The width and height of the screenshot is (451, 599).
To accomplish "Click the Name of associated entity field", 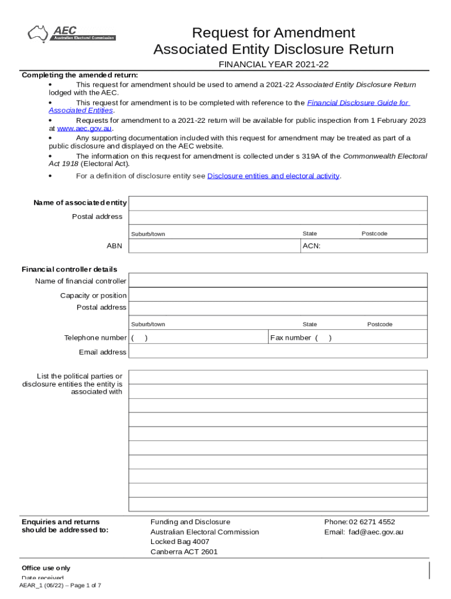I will [x=278, y=203].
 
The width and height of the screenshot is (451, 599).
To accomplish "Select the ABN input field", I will [x=214, y=246].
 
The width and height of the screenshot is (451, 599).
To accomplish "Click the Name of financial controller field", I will [x=278, y=281].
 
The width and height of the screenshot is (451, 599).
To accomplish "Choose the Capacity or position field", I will [x=278, y=295].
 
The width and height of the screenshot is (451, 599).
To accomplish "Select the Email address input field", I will [x=278, y=352].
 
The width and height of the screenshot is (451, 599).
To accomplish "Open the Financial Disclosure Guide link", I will [x=357, y=102].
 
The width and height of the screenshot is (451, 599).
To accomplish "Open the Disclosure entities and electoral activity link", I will [x=273, y=176].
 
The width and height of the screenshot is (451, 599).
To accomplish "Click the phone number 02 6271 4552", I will [x=372, y=522].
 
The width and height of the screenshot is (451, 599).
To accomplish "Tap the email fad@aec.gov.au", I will [x=375, y=532].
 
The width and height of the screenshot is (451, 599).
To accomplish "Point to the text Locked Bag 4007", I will [x=180, y=542].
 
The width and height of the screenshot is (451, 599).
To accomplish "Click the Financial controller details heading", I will [x=69, y=269].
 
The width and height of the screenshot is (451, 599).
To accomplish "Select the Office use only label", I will [x=46, y=568].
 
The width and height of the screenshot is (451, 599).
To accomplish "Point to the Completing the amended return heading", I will [x=80, y=75].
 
